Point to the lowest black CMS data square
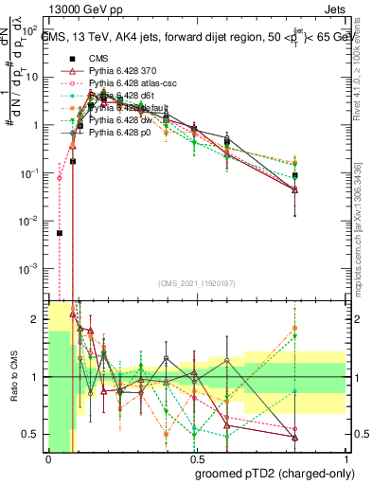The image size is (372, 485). [59, 233]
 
